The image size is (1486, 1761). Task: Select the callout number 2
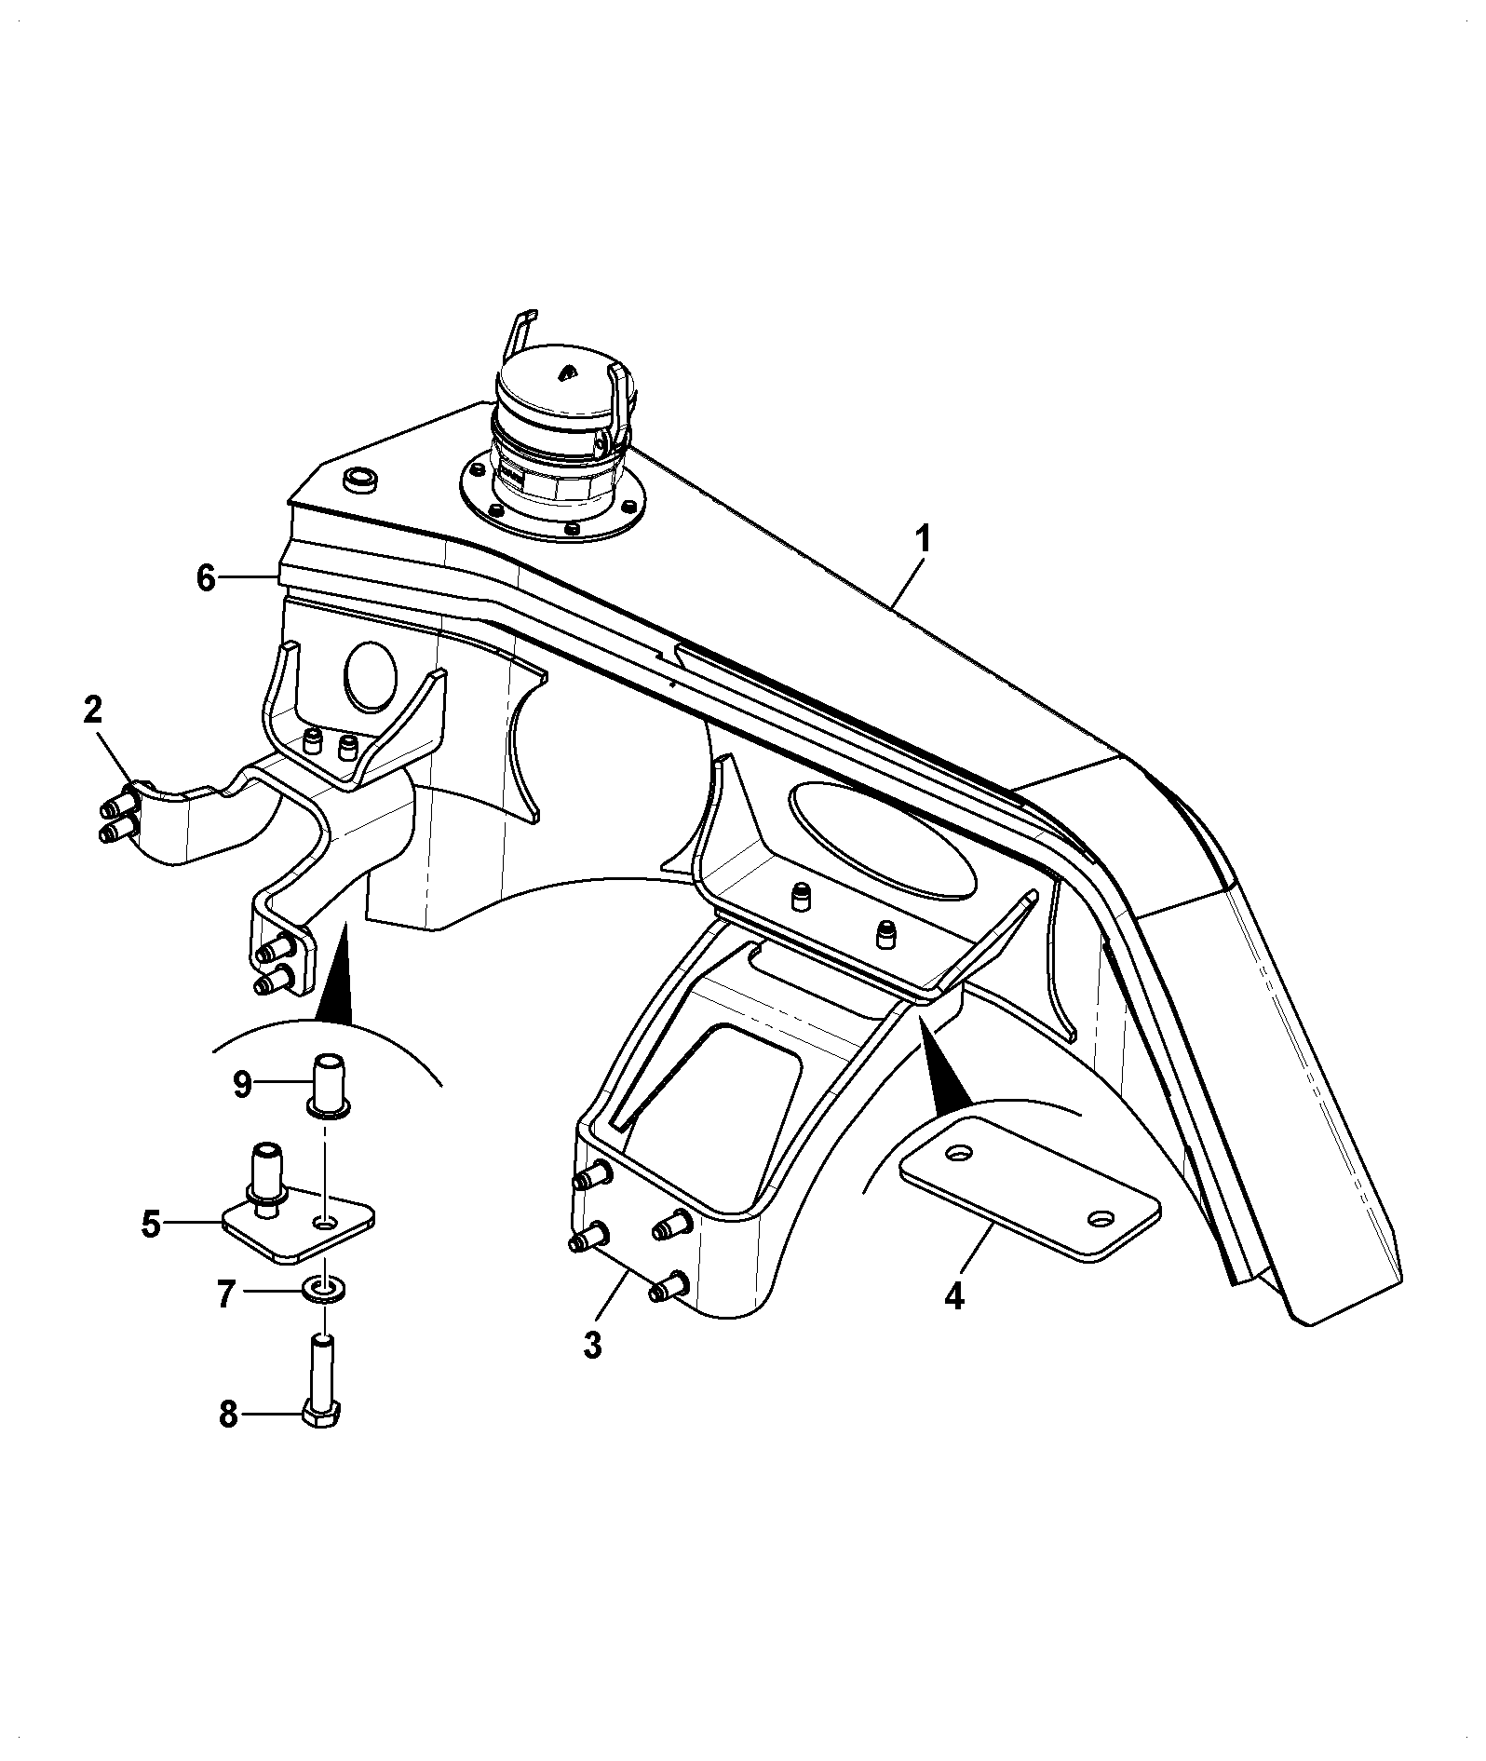click(x=92, y=711)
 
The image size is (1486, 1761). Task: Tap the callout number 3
click(x=593, y=1345)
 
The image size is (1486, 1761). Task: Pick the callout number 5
click(x=151, y=1224)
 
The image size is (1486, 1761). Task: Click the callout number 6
click(x=206, y=578)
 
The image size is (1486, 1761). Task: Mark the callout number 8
click(x=228, y=1441)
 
